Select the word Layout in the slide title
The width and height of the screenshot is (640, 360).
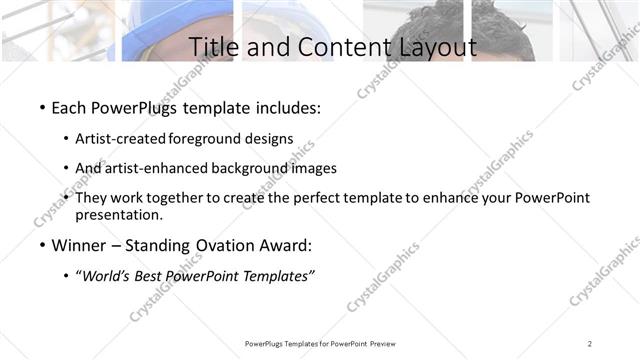431,46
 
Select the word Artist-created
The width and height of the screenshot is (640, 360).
121,139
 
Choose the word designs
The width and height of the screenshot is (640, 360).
271,139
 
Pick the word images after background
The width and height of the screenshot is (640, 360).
314,168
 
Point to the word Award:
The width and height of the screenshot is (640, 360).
286,245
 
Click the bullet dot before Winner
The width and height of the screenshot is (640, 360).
41,245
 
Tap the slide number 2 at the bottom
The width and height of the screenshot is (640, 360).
590,343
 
